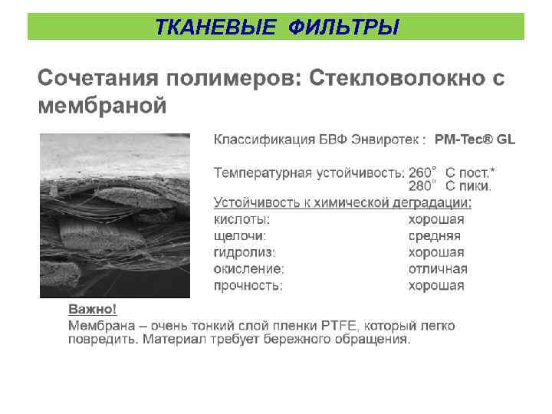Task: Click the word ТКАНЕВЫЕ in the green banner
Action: pyautogui.click(x=214, y=28)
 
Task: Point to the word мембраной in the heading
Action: pyautogui.click(x=102, y=105)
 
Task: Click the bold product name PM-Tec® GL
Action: pyautogui.click(x=475, y=140)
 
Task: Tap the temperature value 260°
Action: pyautogui.click(x=422, y=172)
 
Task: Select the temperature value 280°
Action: pyautogui.click(x=422, y=186)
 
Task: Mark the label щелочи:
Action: pyautogui.click(x=240, y=236)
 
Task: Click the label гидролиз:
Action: pyautogui.click(x=245, y=252)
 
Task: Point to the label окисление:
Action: pyautogui.click(x=248, y=269)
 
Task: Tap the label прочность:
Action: pyautogui.click(x=248, y=285)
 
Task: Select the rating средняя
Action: pyautogui.click(x=434, y=236)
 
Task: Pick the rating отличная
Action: pyautogui.click(x=437, y=269)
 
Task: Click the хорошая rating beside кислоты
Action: pyautogui.click(x=435, y=220)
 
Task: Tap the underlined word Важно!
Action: pyautogui.click(x=93, y=309)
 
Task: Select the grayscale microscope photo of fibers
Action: pyautogui.click(x=114, y=215)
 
